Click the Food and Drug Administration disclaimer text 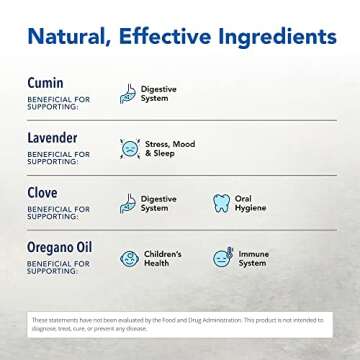coord(180,321)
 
